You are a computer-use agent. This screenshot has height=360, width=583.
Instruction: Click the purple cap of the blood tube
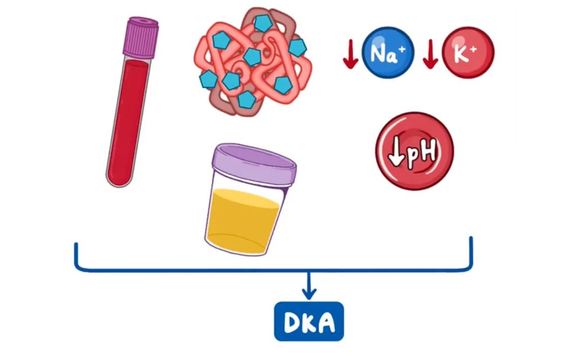point(141,36)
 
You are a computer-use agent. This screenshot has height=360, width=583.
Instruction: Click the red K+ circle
point(467,53)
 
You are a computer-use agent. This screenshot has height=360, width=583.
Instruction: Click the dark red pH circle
point(415,151)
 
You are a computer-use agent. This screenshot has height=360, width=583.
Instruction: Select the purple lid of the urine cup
point(254,164)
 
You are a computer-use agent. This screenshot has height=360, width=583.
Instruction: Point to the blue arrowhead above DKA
point(309,294)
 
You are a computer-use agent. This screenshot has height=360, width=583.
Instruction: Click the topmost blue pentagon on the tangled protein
point(263,23)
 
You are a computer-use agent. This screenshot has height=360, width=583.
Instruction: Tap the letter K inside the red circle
point(464,54)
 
